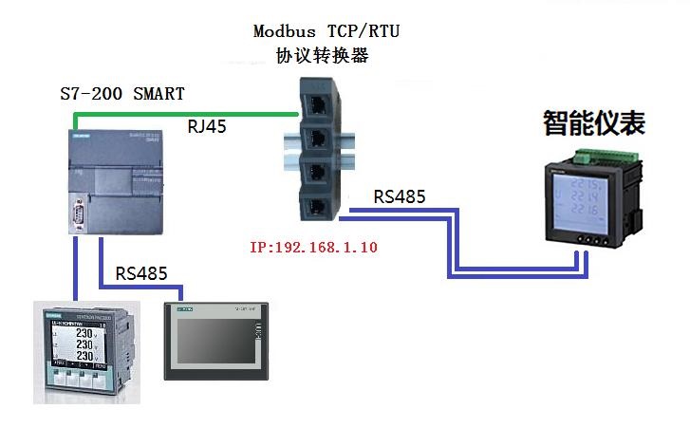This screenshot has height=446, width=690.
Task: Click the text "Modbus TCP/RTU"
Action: pyautogui.click(x=326, y=30)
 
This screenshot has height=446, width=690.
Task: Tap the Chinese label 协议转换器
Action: pyautogui.click(x=322, y=56)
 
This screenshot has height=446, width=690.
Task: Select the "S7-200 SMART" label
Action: pyautogui.click(x=122, y=94)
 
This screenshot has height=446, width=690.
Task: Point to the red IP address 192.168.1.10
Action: pyautogui.click(x=313, y=248)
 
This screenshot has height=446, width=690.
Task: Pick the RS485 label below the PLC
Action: pyautogui.click(x=141, y=273)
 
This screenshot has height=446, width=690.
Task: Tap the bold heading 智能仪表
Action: pyautogui.click(x=594, y=123)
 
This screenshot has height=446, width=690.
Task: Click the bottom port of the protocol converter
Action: pyautogui.click(x=313, y=202)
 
